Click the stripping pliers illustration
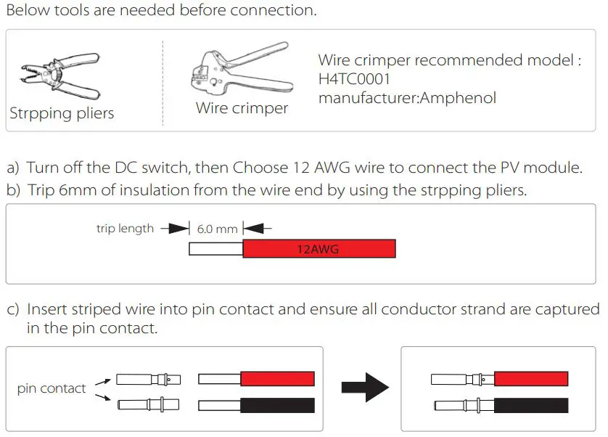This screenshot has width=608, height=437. (x=58, y=77)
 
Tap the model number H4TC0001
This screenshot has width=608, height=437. (x=354, y=78)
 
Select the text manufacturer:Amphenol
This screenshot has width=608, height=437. (x=407, y=97)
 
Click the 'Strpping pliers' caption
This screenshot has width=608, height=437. (x=62, y=114)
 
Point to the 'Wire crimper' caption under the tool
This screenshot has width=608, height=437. (x=242, y=109)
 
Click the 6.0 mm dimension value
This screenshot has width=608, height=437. (x=217, y=229)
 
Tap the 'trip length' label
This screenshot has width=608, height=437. (x=125, y=229)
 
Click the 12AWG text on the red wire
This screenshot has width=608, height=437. (x=319, y=249)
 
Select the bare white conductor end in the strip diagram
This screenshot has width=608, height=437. (x=215, y=249)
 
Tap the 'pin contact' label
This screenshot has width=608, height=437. (x=52, y=388)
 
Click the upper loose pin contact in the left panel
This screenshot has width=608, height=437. (x=147, y=379)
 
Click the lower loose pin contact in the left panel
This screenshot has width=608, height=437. (x=147, y=404)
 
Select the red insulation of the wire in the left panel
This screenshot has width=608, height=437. (x=277, y=379)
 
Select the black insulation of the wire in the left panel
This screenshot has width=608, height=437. (x=277, y=404)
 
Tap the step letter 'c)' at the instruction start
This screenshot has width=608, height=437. (x=13, y=309)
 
